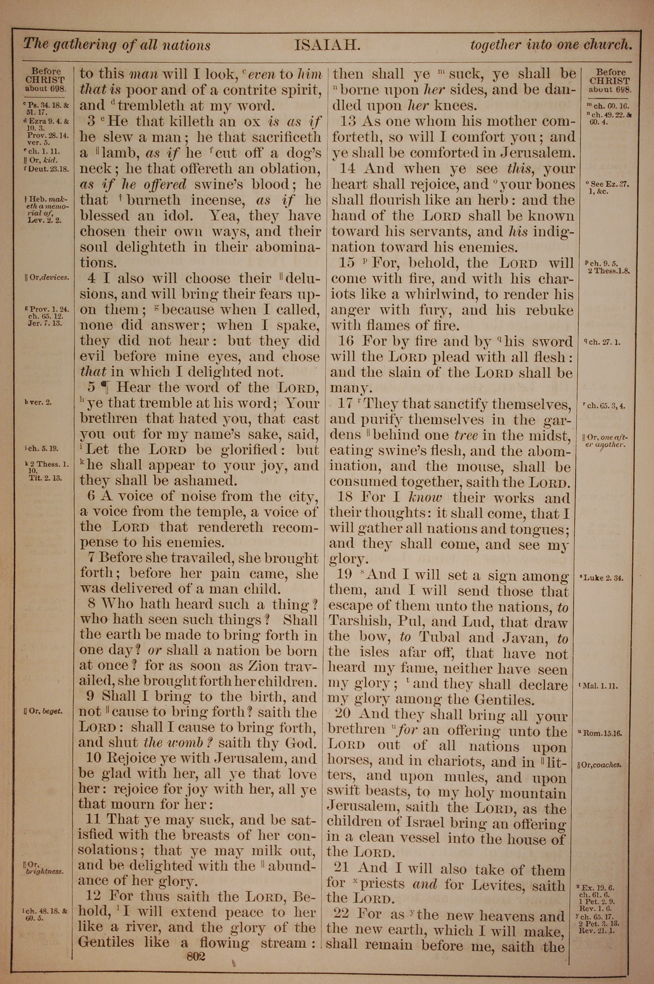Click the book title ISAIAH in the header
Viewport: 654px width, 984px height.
click(x=327, y=45)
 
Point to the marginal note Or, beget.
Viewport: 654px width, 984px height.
click(x=43, y=711)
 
